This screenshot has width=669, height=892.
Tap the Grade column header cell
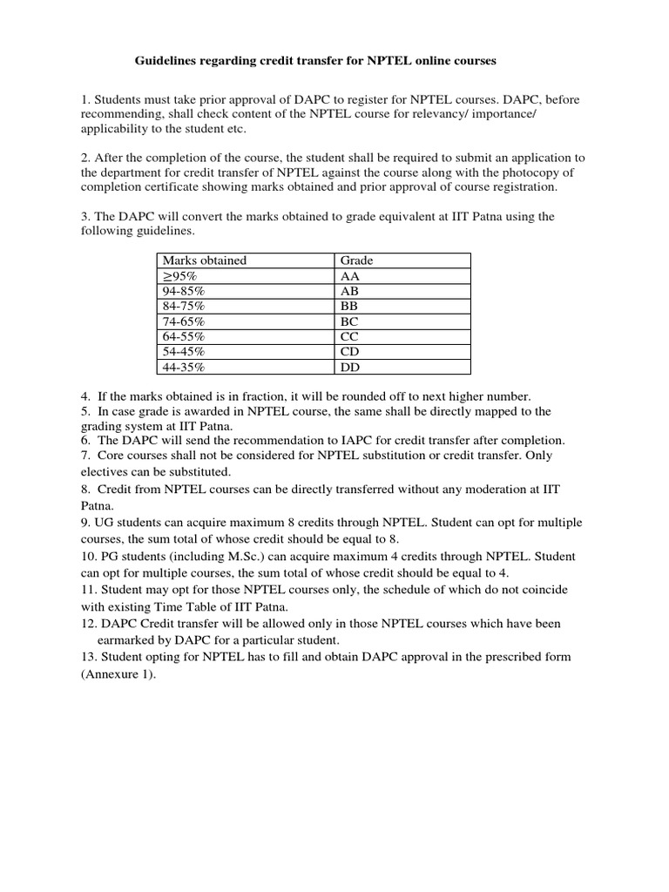coord(356,260)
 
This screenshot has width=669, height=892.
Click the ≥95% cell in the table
coord(179,276)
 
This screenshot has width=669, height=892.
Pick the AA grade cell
coord(350,276)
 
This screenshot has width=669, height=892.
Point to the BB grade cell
coord(350,307)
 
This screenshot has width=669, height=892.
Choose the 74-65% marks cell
coord(184,321)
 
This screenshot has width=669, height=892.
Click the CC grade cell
coord(350,336)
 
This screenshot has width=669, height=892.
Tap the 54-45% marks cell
coord(184,351)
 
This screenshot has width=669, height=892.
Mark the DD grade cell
coord(350,367)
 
